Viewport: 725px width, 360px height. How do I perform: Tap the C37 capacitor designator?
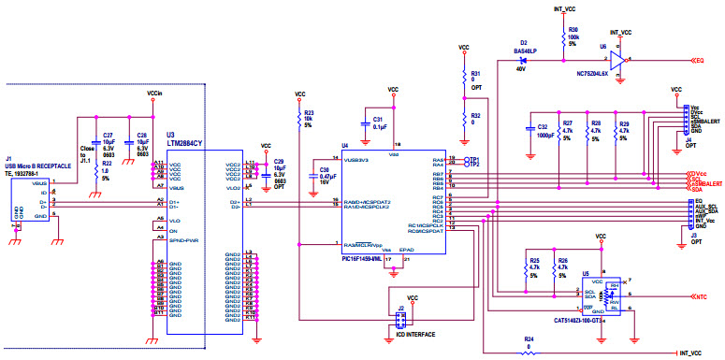click(x=108, y=135)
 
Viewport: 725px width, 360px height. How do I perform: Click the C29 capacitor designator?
click(x=278, y=162)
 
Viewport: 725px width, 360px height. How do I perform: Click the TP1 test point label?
click(x=474, y=159)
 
